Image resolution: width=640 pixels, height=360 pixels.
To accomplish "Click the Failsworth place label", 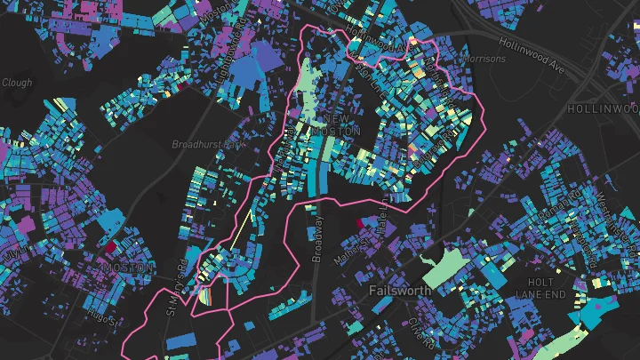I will pyautogui.click(x=400, y=291).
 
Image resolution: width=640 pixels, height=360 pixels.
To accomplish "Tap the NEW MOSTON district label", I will pyautogui.click(x=337, y=124).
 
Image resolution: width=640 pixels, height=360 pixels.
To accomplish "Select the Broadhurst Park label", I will pyautogui.click(x=207, y=143).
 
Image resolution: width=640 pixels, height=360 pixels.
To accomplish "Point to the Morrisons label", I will pyautogui.click(x=485, y=60).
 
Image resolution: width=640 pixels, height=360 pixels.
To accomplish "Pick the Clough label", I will pyautogui.click(x=17, y=83).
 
